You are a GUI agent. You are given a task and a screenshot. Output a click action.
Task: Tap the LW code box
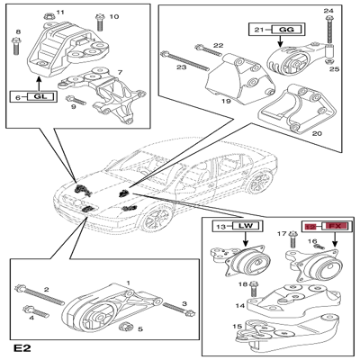[x=240, y=225]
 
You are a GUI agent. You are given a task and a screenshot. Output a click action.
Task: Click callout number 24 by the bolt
[x=328, y=12]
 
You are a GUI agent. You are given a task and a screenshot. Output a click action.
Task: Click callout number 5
[x=139, y=329]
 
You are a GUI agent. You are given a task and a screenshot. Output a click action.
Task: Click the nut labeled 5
[x=129, y=324]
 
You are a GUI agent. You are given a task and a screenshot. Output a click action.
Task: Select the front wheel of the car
[x=158, y=219]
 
